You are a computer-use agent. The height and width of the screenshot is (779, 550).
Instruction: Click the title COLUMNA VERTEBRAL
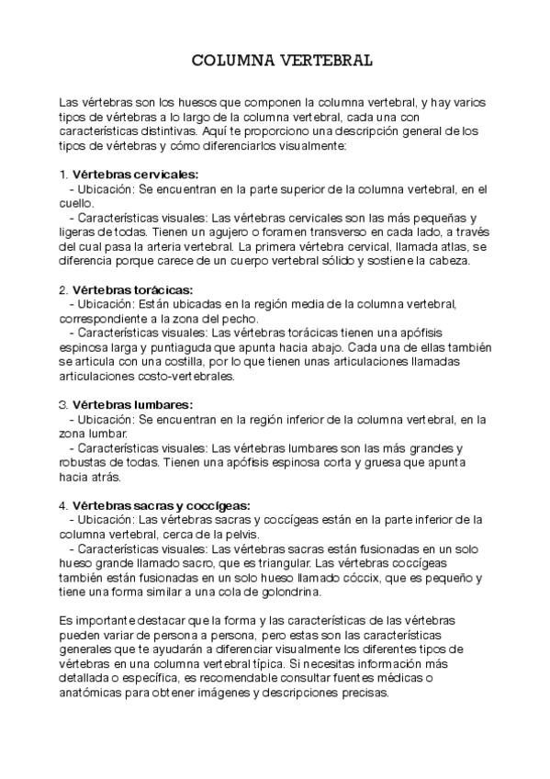[281, 61]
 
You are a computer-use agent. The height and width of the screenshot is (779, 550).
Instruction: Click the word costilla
[161, 361]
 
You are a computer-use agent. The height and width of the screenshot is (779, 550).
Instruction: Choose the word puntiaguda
[190, 347]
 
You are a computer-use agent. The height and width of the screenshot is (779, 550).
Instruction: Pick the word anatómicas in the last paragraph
[92, 694]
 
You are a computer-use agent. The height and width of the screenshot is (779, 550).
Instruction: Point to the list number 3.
[62, 404]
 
